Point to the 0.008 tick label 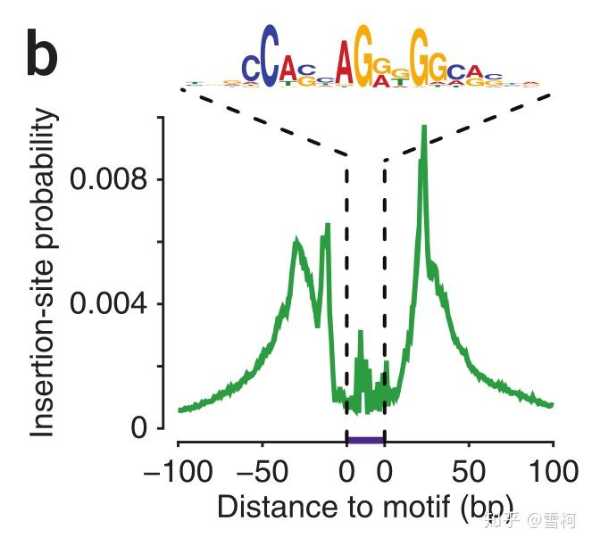click(x=108, y=179)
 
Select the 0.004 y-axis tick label click(x=108, y=304)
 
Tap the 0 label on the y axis click(x=138, y=428)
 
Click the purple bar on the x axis click(x=365, y=440)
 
